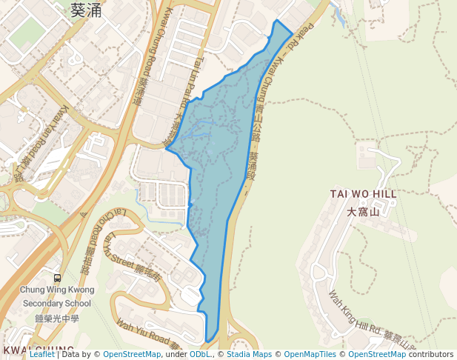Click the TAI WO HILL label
click(x=363, y=194)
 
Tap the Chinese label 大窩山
click(x=363, y=212)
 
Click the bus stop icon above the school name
click(x=57, y=277)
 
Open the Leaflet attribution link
click(x=42, y=354)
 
